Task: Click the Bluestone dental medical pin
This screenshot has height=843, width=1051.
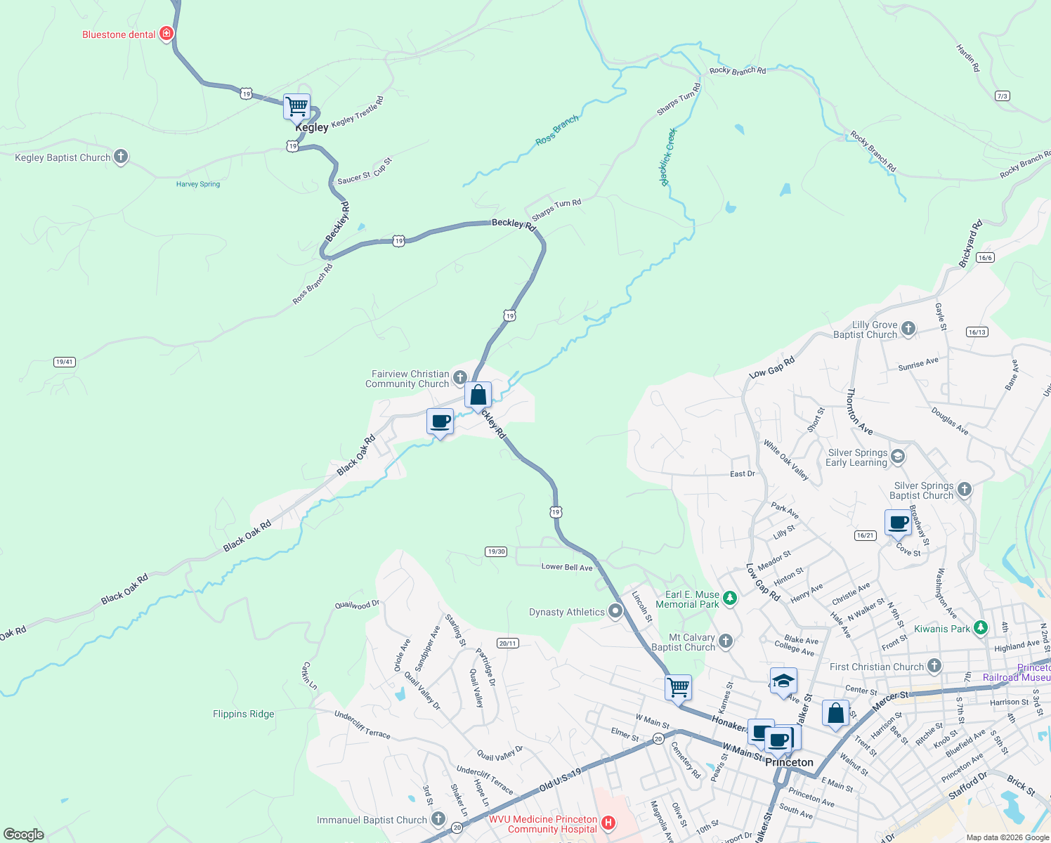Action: point(167,34)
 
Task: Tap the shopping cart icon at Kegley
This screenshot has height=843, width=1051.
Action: point(296,107)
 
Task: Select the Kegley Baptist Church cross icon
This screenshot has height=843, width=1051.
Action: point(121,157)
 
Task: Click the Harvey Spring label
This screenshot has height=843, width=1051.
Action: point(198,184)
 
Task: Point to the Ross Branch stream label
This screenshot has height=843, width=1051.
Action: point(557,131)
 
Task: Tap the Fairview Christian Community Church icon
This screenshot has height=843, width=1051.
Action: point(460,378)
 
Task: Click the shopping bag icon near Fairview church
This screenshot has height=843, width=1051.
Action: point(478,395)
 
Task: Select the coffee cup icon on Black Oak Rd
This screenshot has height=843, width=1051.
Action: point(440,421)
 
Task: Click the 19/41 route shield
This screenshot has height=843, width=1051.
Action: point(65,362)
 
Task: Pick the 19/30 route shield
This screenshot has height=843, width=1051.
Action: point(496,551)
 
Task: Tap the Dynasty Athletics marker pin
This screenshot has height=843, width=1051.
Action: point(615,611)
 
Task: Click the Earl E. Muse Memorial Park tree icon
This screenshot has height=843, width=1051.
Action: point(730,599)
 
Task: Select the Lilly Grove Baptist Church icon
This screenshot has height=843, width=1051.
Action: point(908,328)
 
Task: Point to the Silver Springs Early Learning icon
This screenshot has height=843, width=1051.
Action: point(897,457)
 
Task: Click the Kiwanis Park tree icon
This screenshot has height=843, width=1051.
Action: point(981,628)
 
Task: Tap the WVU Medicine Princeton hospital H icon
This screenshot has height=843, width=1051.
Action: point(608,823)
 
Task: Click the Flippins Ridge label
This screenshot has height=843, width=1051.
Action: point(244,714)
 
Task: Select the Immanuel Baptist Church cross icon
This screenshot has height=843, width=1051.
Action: point(438,818)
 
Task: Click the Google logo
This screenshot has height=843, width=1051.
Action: point(24,835)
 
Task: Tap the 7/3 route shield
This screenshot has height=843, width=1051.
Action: point(1003,96)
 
